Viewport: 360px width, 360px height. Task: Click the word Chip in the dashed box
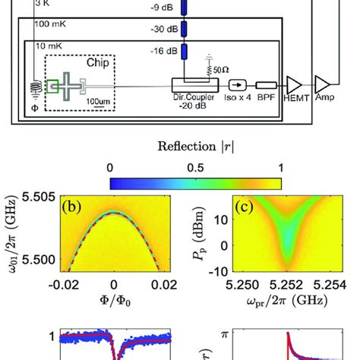tap(89, 66)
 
